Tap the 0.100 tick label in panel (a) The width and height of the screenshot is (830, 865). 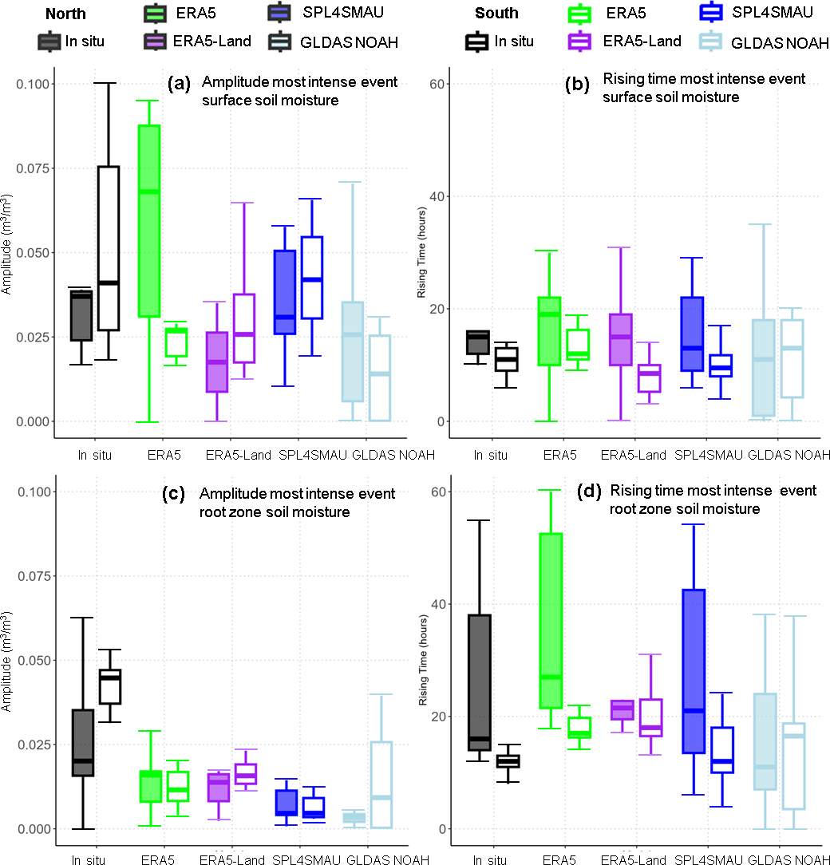tap(30, 84)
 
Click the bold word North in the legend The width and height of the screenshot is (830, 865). tap(66, 13)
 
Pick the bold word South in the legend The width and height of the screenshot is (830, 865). tap(496, 13)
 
